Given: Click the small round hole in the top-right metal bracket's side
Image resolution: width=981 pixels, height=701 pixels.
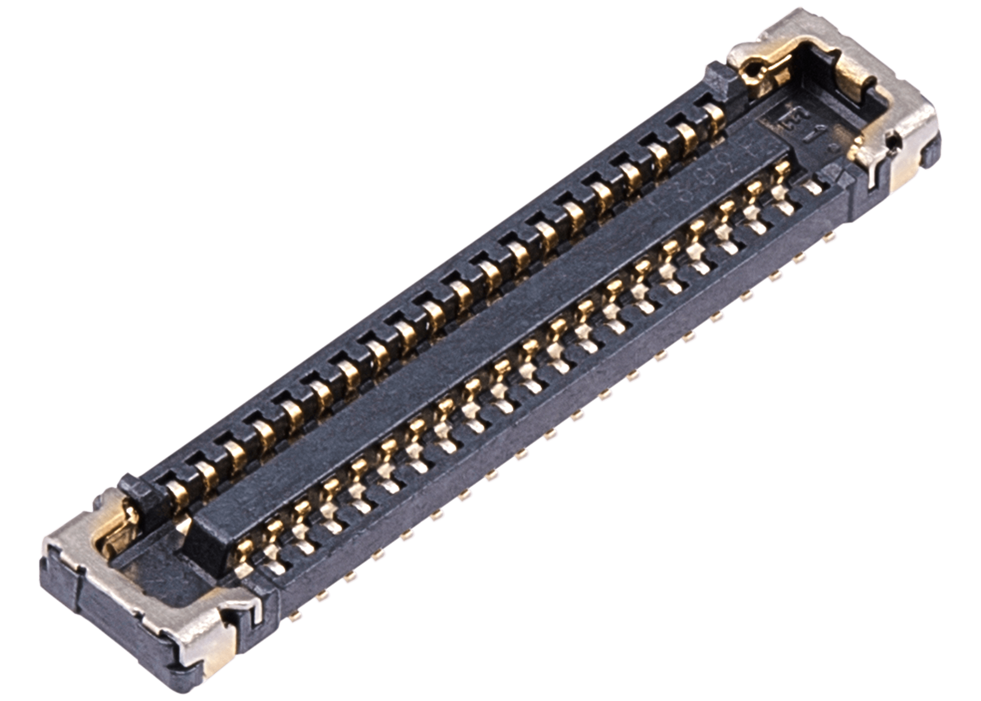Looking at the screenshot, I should click(894, 143).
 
